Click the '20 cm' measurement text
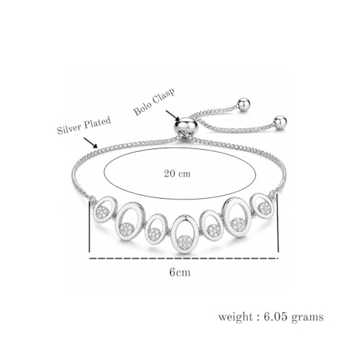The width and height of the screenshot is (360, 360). (x=177, y=174)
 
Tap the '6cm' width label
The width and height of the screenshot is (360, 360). (x=180, y=272)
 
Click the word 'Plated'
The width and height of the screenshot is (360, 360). (x=97, y=122)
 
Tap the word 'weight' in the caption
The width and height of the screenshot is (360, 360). (x=235, y=317)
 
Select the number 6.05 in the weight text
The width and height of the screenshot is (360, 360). (x=276, y=317)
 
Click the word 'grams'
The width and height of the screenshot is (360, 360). (x=307, y=318)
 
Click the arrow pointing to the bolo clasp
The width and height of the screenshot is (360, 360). (x=173, y=115)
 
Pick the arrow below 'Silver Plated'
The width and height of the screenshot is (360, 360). (x=91, y=143)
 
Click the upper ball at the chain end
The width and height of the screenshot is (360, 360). (x=243, y=104)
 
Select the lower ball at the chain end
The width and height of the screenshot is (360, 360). (x=280, y=122)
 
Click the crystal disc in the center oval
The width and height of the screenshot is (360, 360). (x=185, y=242)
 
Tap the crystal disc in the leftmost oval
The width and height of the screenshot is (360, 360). (x=103, y=212)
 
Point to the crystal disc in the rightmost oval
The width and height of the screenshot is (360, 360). (x=265, y=208)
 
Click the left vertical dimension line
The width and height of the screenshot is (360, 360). (x=89, y=226)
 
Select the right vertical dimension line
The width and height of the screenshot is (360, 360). (x=278, y=222)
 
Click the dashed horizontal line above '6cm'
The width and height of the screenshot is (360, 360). (x=184, y=258)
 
